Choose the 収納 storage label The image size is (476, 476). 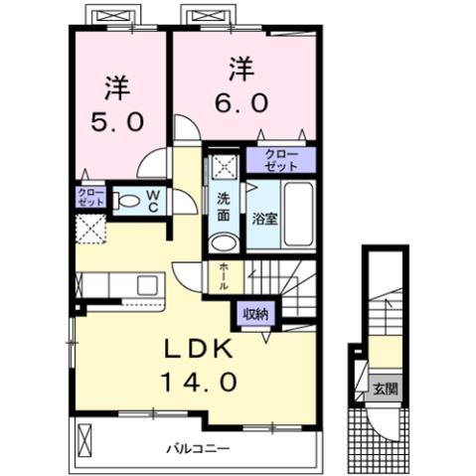255,314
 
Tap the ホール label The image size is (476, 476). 225,274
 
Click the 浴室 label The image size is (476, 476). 263,218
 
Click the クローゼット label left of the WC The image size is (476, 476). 89,196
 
